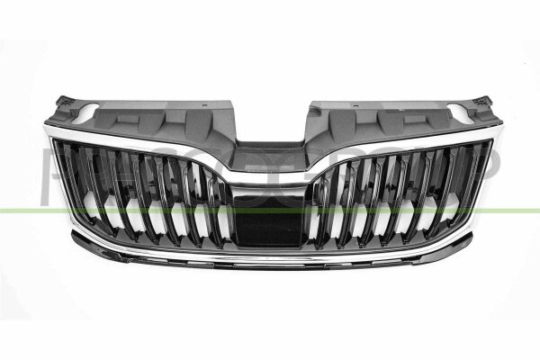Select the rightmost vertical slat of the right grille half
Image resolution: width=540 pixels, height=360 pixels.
[x=470, y=185]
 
